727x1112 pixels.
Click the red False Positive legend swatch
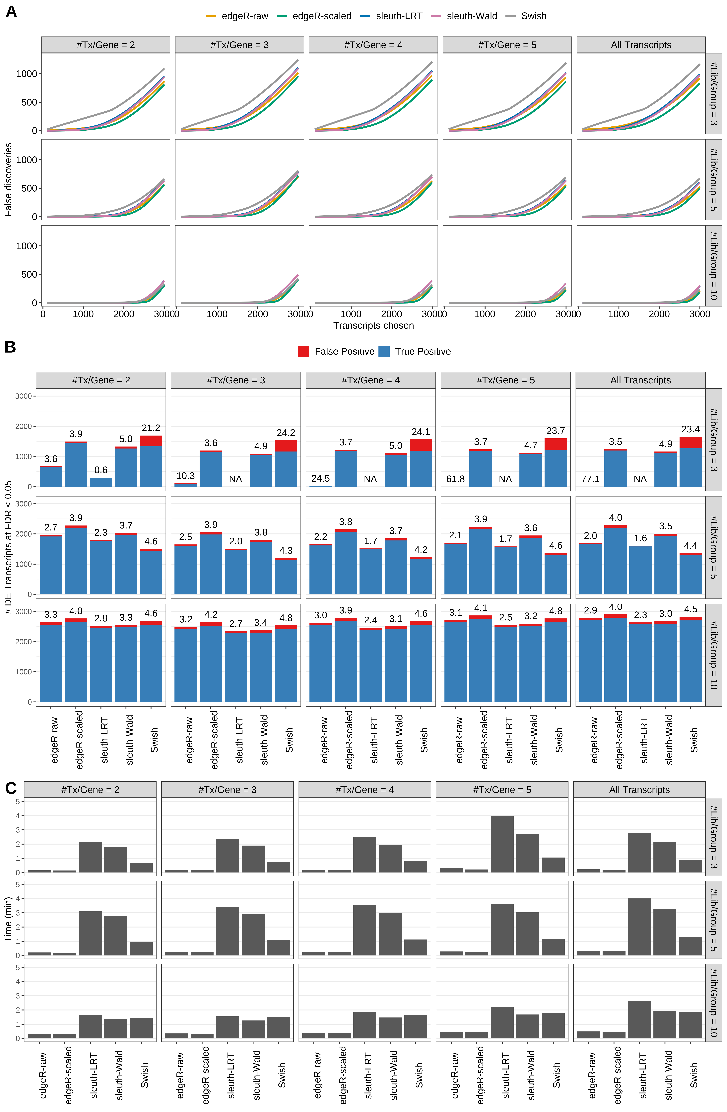tap(304, 351)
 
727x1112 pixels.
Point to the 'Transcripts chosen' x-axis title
tap(373, 326)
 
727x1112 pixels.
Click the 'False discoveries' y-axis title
tap(8, 179)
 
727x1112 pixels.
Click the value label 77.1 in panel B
tap(591, 479)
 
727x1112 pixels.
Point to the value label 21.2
tap(151, 428)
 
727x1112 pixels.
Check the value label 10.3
tap(185, 476)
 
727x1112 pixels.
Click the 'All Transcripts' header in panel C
tap(639, 790)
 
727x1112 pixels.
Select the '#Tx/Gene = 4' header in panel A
tap(373, 45)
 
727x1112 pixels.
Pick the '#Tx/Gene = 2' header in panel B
tap(101, 380)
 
